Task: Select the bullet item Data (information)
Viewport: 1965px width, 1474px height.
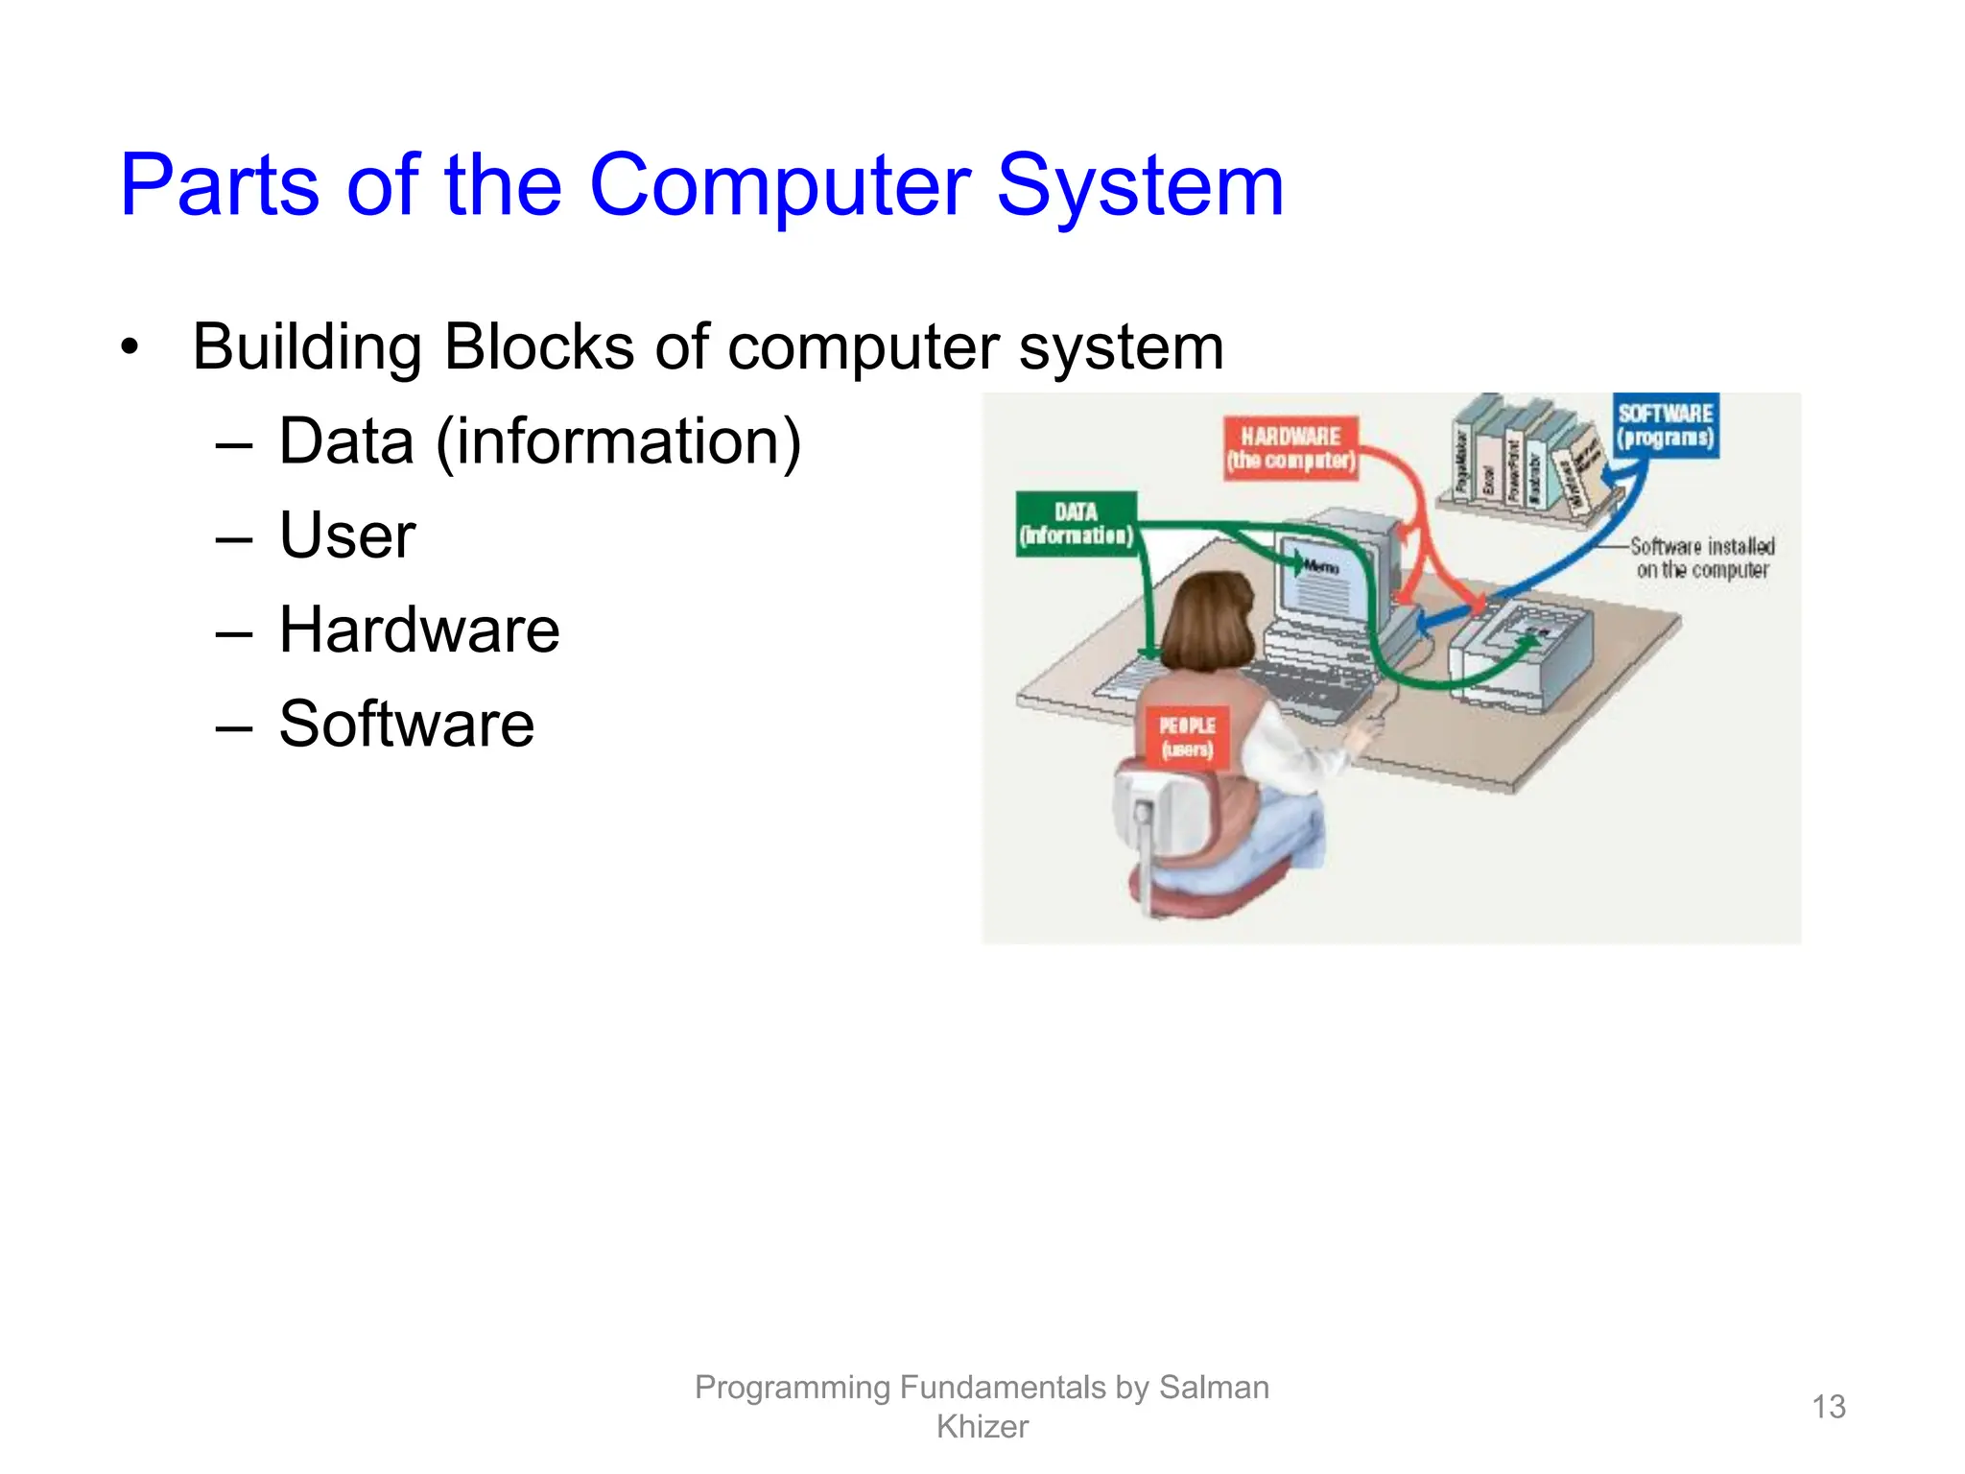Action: click(x=539, y=441)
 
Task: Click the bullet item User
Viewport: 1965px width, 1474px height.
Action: click(x=347, y=535)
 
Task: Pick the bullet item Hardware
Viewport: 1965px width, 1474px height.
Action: click(x=419, y=630)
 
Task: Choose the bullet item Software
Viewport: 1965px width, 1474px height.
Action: click(x=407, y=724)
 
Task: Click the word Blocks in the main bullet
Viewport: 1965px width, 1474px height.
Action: click(x=538, y=346)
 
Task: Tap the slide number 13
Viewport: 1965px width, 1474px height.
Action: click(x=1828, y=1407)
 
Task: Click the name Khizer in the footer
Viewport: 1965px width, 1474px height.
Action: click(x=982, y=1427)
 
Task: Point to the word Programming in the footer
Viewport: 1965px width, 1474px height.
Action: click(x=793, y=1388)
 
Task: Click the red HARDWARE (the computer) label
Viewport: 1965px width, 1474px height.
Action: click(x=1291, y=448)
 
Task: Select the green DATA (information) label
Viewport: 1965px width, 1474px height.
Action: click(x=1077, y=524)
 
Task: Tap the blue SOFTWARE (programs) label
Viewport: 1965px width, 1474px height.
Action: click(x=1665, y=425)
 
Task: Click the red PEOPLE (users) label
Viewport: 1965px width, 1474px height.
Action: click(x=1187, y=737)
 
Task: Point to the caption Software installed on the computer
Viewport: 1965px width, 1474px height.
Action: click(x=1701, y=558)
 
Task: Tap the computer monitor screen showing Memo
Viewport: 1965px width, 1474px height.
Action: click(x=1320, y=585)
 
